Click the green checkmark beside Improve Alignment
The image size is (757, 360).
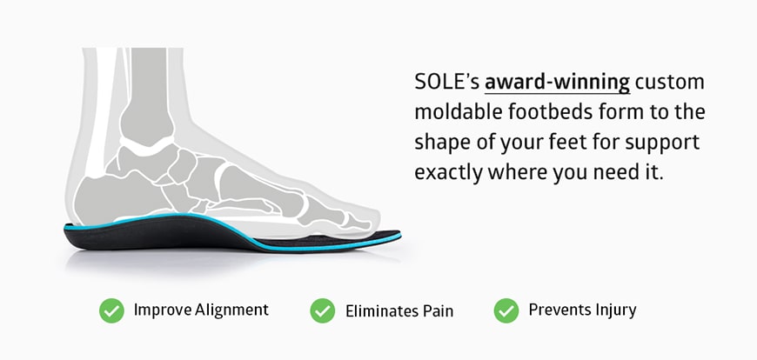[x=111, y=310]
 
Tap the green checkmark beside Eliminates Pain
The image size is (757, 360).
[x=323, y=310]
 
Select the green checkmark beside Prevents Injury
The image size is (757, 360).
[x=506, y=310]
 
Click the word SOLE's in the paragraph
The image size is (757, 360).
[x=445, y=83]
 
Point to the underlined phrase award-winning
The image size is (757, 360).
[x=557, y=83]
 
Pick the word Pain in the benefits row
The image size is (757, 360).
[x=436, y=310]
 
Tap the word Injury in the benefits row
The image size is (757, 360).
[x=614, y=310]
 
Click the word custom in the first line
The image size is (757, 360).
[x=670, y=83]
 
